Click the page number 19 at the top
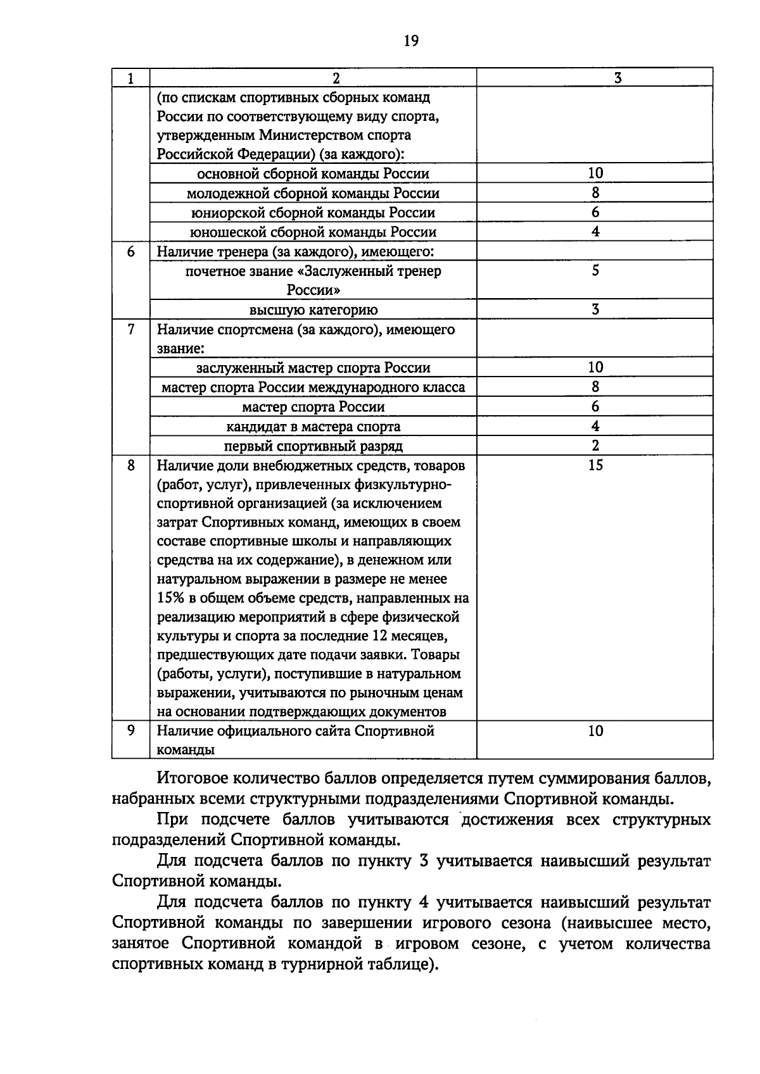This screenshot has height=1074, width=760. coord(410,42)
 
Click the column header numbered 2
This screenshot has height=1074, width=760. coord(336,78)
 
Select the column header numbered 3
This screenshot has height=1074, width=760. coord(617,78)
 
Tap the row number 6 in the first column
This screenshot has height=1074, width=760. coord(131,252)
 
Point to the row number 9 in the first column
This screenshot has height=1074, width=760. coord(131,731)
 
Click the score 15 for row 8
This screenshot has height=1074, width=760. coord(595,466)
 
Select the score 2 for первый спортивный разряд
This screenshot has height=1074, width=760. coord(595,446)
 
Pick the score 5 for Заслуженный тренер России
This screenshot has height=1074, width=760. coord(595,271)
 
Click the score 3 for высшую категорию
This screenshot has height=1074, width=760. coord(595,309)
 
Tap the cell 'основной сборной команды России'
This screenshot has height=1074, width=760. coord(313,174)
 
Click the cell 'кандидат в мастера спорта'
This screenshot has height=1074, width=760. coord(313,427)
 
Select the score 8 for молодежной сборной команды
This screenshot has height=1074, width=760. coord(595,193)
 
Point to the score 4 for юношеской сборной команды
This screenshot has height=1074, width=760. coord(595,232)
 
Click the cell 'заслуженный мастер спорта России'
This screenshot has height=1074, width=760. coord(313,368)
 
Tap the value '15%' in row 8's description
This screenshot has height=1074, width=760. coord(170,598)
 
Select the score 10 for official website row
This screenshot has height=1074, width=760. coord(595,731)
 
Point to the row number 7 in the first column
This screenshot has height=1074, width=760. coord(131,329)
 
